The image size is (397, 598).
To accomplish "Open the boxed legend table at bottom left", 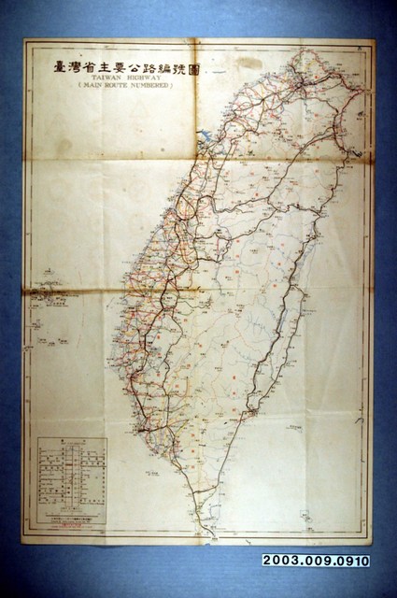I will pyautogui.click(x=71, y=477).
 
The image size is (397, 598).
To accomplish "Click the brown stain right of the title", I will pyautogui.click(x=245, y=64).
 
